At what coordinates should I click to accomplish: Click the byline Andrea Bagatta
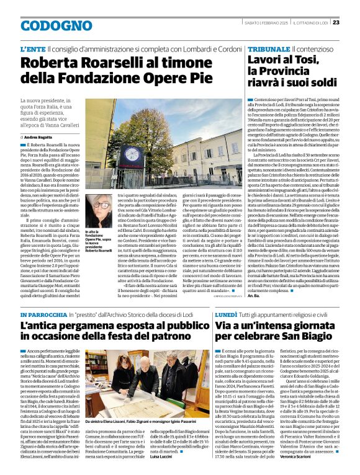click(39, 136)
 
